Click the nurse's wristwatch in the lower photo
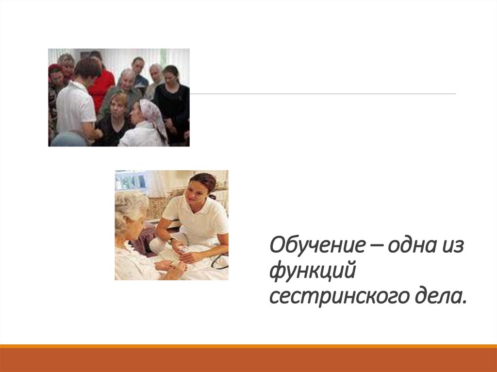point(171,240)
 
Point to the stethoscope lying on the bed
point(219,262)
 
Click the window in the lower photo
point(131,181)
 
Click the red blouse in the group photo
point(103,87)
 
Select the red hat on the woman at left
point(54,68)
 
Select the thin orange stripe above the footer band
point(248,346)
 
